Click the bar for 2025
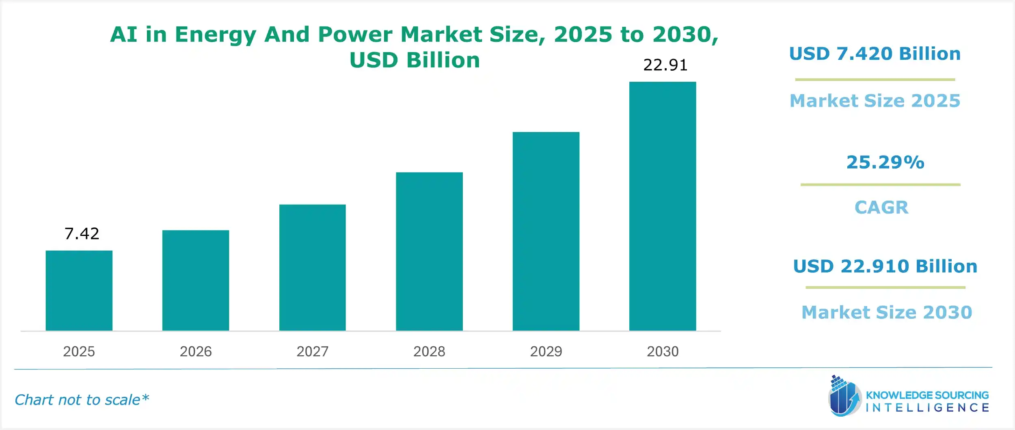[79, 290]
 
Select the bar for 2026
[196, 280]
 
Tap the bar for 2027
[312, 267]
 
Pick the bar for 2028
[429, 251]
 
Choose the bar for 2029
[546, 231]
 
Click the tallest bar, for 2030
[663, 206]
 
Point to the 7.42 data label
[82, 233]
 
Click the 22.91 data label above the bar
[665, 65]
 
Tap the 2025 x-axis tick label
[79, 351]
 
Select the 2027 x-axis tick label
[312, 351]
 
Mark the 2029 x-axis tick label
[546, 351]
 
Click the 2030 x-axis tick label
[663, 351]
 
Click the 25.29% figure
[885, 162]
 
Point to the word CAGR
[881, 207]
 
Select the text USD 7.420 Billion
[875, 54]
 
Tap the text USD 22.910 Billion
[885, 266]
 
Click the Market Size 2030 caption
[887, 312]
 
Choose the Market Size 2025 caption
[875, 101]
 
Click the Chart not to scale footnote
[82, 400]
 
